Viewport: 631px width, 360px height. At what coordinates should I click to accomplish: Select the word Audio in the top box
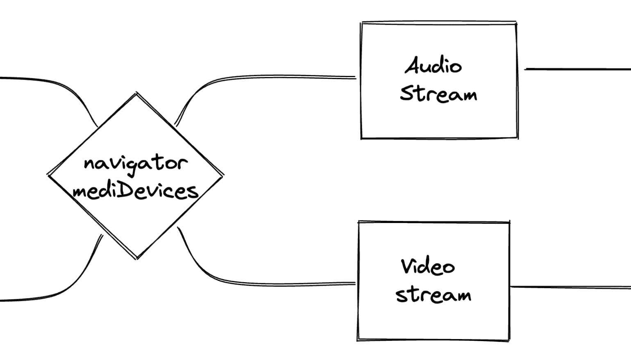click(434, 66)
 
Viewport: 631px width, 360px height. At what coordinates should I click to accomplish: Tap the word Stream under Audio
click(438, 94)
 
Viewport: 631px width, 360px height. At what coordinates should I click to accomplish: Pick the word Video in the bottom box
click(428, 267)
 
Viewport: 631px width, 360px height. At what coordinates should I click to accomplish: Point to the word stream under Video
click(433, 294)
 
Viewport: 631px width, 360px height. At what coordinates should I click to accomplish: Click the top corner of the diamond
click(136, 93)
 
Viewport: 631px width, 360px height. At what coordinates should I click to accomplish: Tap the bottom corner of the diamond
click(136, 258)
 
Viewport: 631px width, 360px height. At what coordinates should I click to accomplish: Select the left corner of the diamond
click(48, 175)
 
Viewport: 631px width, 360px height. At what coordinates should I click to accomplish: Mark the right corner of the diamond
click(223, 175)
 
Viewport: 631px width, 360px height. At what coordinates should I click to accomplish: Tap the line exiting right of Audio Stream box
click(578, 69)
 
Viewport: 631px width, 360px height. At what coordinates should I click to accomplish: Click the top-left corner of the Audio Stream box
click(361, 23)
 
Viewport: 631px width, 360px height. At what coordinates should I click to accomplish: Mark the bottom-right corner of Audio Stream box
click(518, 138)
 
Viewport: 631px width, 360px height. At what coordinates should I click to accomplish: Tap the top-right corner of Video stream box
click(509, 222)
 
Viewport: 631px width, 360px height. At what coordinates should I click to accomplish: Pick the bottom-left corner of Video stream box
click(358, 339)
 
